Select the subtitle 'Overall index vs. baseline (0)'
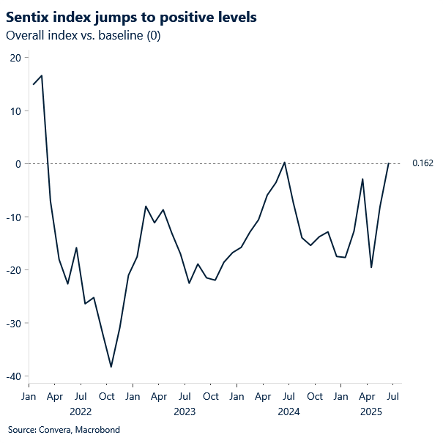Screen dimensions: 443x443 [83, 36]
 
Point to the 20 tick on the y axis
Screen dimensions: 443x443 [15, 58]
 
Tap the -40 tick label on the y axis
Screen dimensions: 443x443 [12, 376]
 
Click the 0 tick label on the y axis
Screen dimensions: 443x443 [18, 164]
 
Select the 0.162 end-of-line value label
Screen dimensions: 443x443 [422, 163]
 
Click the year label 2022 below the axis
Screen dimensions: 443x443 [81, 412]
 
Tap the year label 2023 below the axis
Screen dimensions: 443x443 [185, 412]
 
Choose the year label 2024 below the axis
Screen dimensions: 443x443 [288, 412]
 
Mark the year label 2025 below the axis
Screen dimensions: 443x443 [371, 412]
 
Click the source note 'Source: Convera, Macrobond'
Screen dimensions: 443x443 [64, 430]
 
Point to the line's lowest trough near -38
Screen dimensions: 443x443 [111, 367]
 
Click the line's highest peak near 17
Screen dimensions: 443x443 [42, 75]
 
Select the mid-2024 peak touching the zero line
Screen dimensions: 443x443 [285, 163]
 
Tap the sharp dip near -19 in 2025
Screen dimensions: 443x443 [371, 267]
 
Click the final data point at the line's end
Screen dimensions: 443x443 [388, 163]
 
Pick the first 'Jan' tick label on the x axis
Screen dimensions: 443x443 [29, 397]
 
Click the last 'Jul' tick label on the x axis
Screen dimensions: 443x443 [392, 397]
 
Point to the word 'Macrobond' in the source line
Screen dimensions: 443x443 [97, 430]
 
